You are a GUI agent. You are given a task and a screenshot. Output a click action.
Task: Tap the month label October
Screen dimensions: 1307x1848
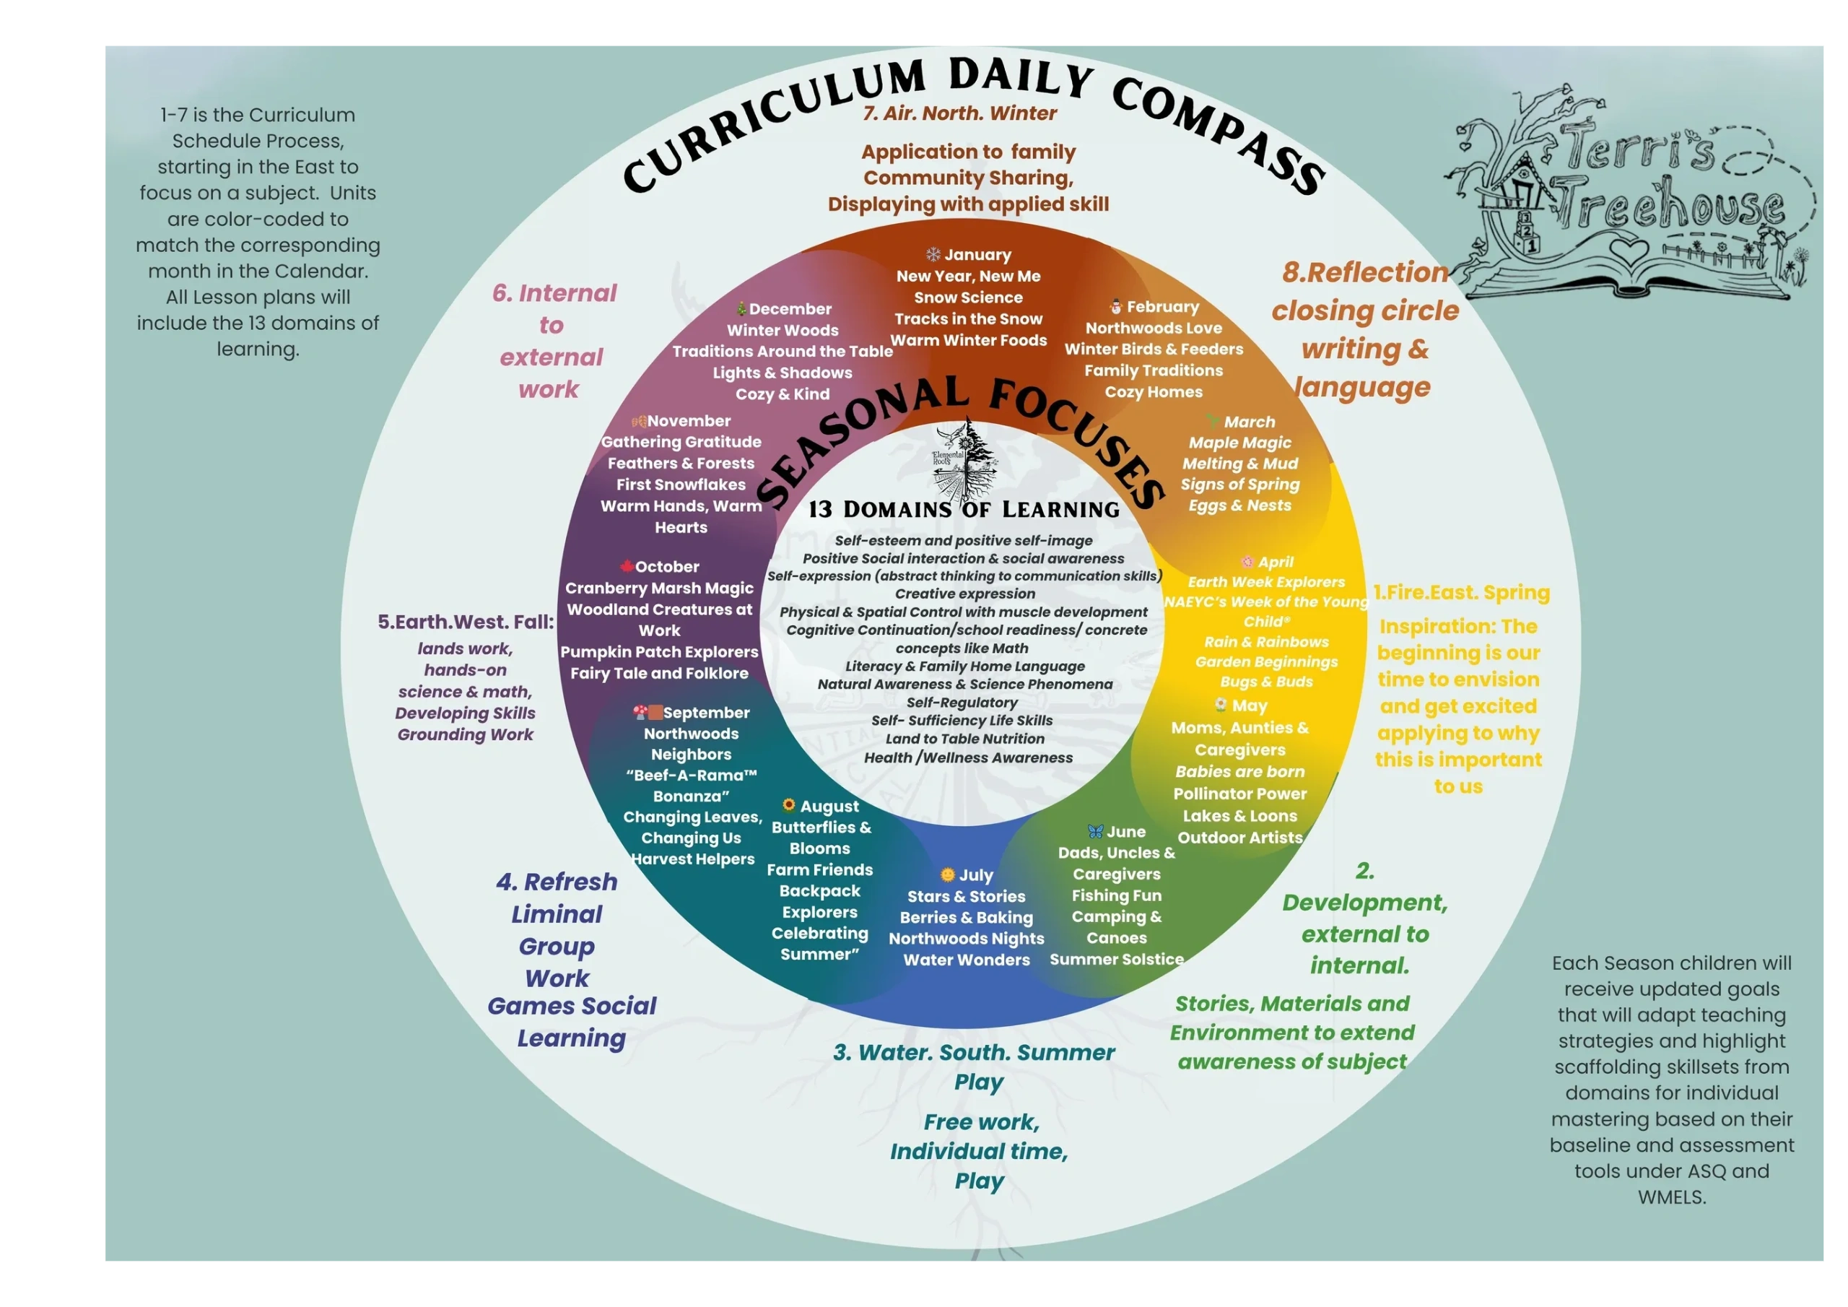[x=666, y=567]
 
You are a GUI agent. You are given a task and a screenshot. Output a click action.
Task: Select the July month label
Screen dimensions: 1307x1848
[x=975, y=875]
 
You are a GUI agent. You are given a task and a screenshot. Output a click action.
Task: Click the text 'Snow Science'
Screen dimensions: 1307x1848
[x=968, y=298]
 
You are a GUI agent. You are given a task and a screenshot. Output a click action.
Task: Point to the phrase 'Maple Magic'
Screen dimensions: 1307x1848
[x=1239, y=443]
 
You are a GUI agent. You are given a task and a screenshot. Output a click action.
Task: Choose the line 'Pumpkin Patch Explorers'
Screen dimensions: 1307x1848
[x=659, y=652]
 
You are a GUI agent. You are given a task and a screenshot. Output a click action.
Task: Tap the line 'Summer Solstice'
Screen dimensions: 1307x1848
[x=1116, y=960]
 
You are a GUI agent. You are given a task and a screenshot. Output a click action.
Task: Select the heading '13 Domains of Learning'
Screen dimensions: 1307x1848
[x=964, y=510]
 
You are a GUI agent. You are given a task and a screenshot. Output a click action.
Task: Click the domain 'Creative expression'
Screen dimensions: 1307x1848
[x=965, y=594]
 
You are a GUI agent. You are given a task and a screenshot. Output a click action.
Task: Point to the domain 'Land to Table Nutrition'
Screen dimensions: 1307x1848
[x=965, y=739]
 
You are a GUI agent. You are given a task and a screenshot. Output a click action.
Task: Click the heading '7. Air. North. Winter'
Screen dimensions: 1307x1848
[x=959, y=113]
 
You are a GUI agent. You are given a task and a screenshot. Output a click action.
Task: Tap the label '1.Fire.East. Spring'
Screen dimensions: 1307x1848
[x=1461, y=593]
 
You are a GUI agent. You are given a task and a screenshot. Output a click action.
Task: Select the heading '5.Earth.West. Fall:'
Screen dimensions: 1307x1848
[x=466, y=622]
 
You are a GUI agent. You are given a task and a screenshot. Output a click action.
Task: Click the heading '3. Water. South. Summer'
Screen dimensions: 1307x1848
[x=974, y=1053]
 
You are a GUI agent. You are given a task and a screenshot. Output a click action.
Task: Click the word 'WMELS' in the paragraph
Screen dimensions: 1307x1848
[x=1672, y=1197]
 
